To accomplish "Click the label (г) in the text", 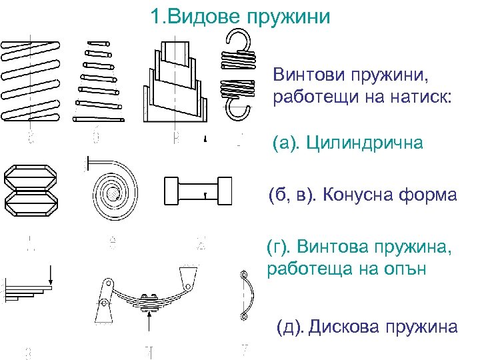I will [x=278, y=249].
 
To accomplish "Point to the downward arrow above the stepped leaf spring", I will [x=51, y=273].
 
